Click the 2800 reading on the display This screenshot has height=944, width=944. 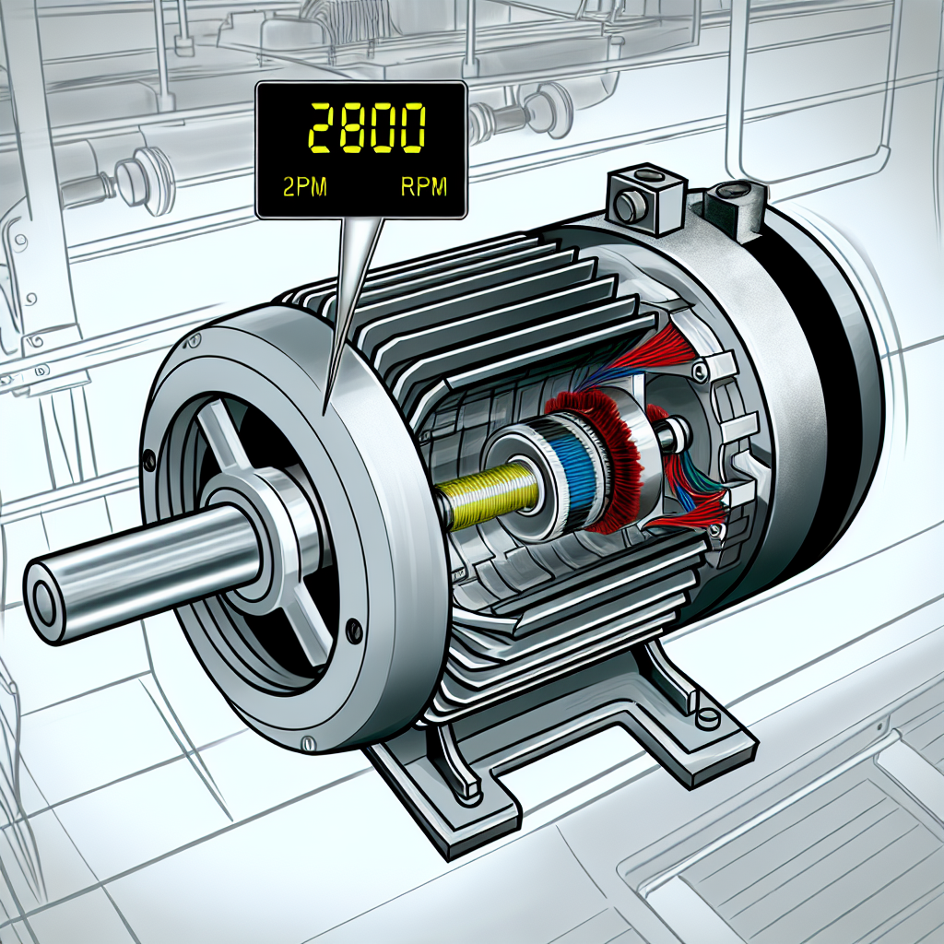click(365, 128)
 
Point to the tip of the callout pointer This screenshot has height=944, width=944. click(326, 407)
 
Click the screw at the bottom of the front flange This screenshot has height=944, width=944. click(352, 631)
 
